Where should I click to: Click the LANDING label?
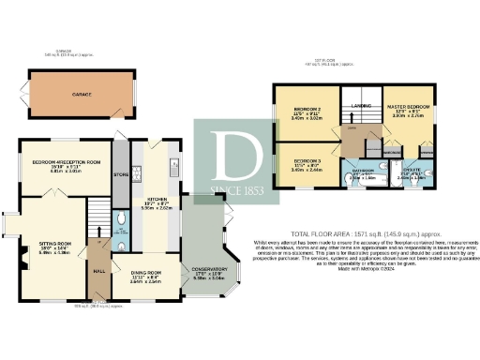363,106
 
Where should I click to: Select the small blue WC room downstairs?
124,222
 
